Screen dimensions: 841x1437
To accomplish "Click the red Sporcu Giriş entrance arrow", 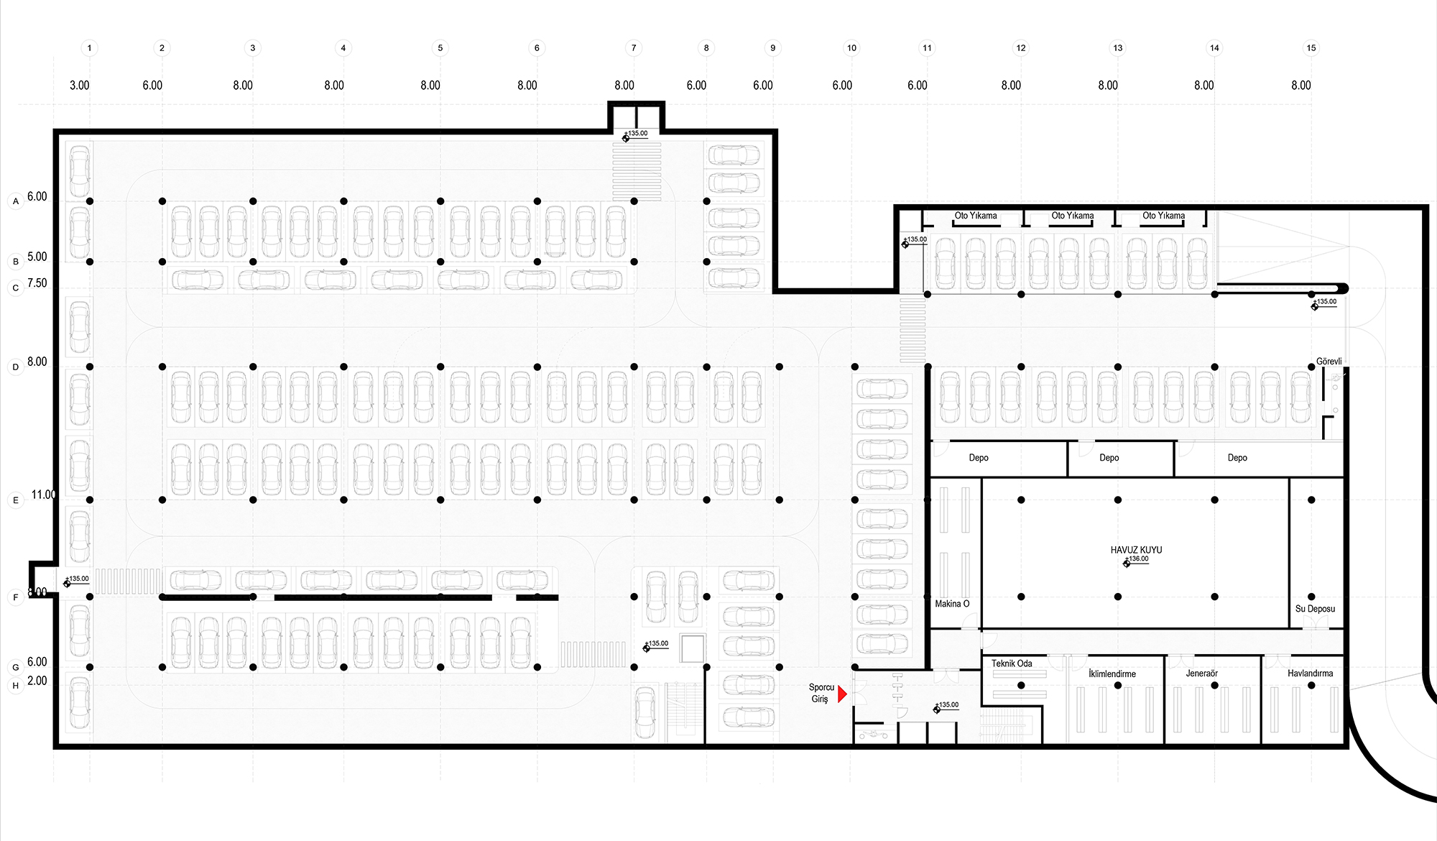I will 842,694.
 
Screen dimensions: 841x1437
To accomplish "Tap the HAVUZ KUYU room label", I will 1136,550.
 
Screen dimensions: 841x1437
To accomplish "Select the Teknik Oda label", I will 1012,663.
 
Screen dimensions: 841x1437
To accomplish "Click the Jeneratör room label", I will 1202,674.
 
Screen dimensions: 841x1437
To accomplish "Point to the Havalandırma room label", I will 1310,674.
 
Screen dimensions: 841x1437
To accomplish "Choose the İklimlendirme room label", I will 1112,674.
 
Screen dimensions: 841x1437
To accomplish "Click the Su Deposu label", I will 1315,609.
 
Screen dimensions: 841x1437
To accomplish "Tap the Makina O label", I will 952,604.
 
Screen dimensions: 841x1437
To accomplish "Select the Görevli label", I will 1329,362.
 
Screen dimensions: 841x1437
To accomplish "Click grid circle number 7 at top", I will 634,48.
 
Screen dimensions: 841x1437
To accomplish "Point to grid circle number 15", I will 1311,48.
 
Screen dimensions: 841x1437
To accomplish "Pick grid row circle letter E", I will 16,500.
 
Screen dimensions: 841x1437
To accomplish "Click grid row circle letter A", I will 16,201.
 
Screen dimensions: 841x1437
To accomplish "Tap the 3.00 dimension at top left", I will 80,86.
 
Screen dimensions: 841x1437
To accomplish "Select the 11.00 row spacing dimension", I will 43,495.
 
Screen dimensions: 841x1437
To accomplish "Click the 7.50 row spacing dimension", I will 37,283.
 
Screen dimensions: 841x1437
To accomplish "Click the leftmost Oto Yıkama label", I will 975,216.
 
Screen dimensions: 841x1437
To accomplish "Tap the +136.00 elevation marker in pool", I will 1137,559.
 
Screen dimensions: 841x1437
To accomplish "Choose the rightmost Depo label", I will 1237,458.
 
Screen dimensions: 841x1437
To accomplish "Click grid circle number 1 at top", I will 89,48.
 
